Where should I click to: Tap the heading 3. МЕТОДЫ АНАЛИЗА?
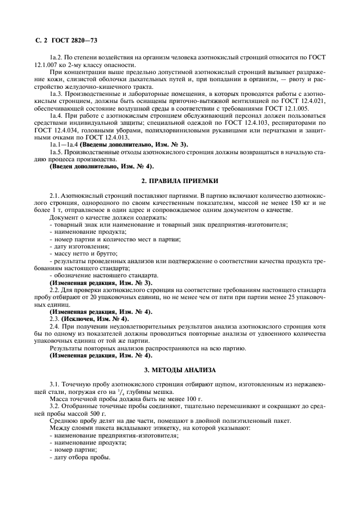coord(180,370)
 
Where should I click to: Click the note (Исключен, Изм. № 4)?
coord(95,318)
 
